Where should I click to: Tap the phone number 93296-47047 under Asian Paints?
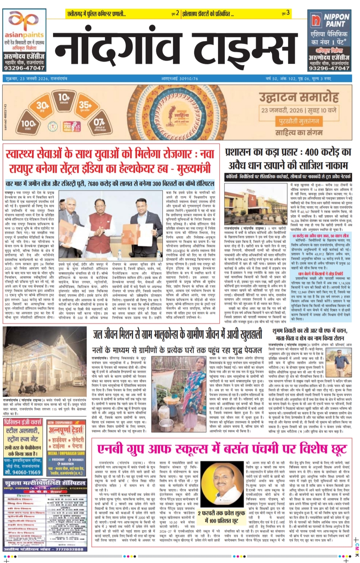click(24, 68)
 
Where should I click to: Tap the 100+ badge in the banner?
click(29, 124)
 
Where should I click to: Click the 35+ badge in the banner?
click(85, 105)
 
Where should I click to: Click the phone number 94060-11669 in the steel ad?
click(23, 472)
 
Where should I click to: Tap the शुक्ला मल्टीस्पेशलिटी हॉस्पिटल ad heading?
click(45, 483)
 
